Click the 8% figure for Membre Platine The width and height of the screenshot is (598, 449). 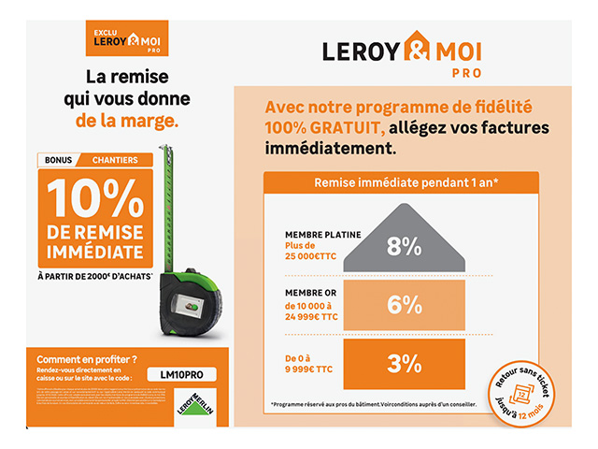click(x=404, y=247)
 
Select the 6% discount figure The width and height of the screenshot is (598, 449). click(x=404, y=305)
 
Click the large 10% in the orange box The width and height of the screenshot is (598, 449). click(x=94, y=196)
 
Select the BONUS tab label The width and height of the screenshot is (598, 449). click(x=58, y=160)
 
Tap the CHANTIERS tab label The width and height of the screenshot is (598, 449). click(x=114, y=160)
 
